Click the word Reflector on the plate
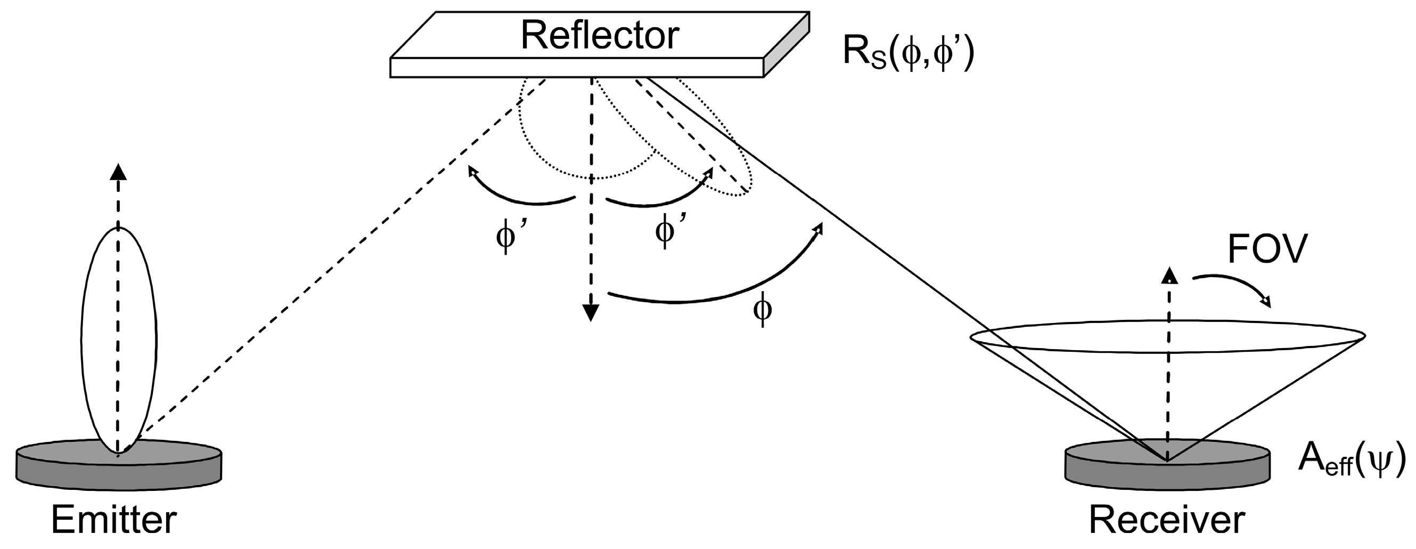(599, 35)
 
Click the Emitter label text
(114, 519)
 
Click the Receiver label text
(1166, 519)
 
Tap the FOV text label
(1266, 251)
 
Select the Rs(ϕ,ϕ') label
(907, 55)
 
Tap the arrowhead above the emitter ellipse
(118, 172)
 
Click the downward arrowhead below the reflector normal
(591, 313)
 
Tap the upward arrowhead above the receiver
(1169, 276)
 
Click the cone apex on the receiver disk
(1166, 459)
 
